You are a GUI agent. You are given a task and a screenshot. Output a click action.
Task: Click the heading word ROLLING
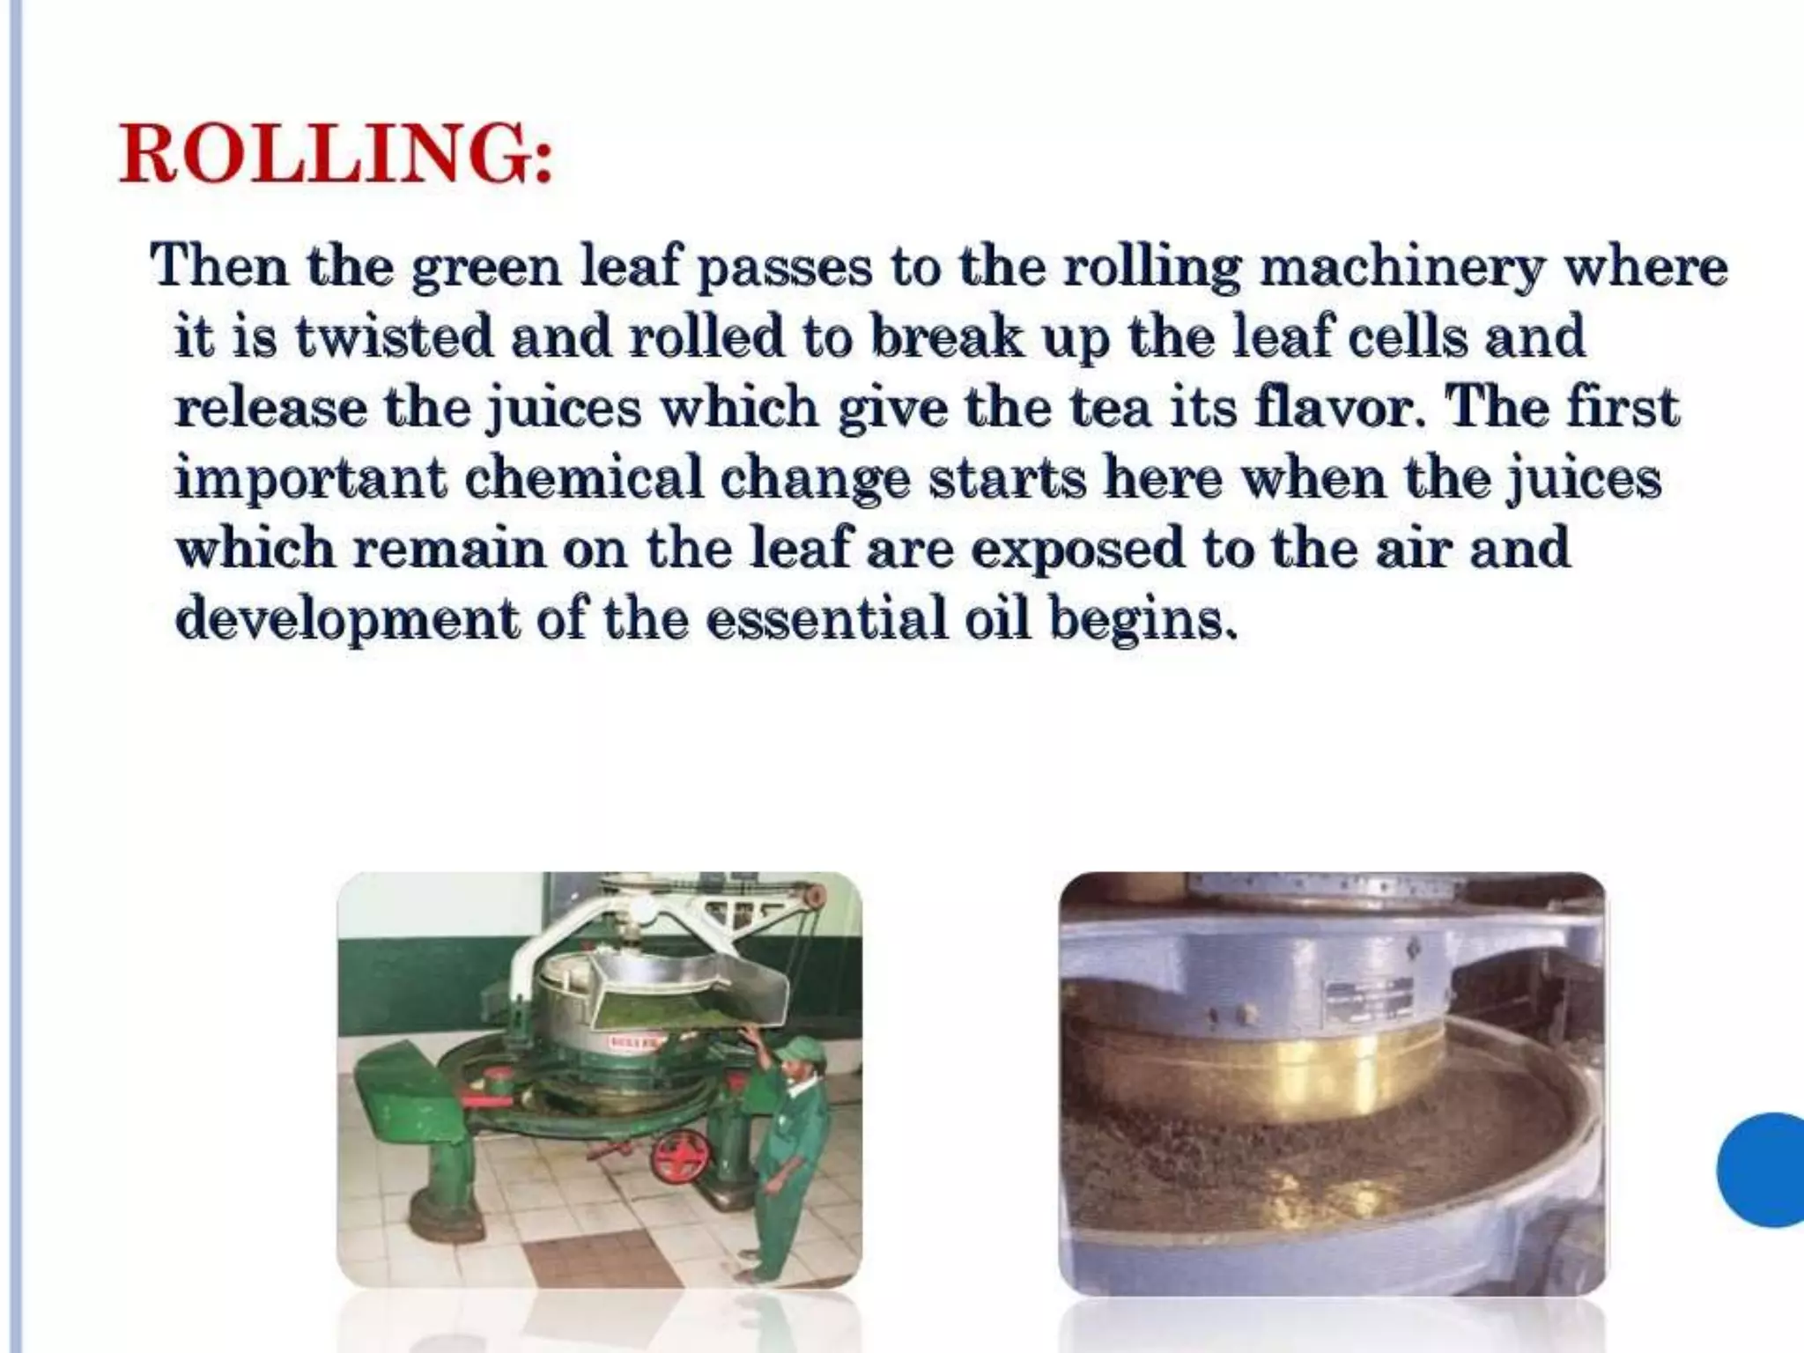pos(336,154)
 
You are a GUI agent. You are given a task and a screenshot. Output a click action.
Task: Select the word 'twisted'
pos(393,336)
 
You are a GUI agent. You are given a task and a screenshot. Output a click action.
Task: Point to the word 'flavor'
pos(1338,407)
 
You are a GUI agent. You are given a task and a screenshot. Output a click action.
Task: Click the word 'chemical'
pos(582,478)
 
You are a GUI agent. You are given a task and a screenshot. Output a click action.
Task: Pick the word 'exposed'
pos(1078,549)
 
